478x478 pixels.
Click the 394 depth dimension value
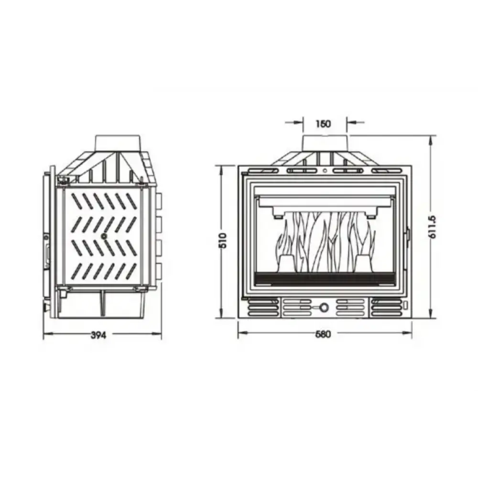click(x=98, y=335)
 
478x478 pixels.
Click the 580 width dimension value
click(x=324, y=334)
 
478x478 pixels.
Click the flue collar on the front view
click(x=325, y=142)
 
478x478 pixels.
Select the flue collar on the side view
click(x=118, y=142)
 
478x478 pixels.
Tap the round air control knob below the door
click(x=324, y=307)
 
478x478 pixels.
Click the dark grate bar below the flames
click(x=324, y=277)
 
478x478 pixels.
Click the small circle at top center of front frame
click(x=324, y=171)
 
